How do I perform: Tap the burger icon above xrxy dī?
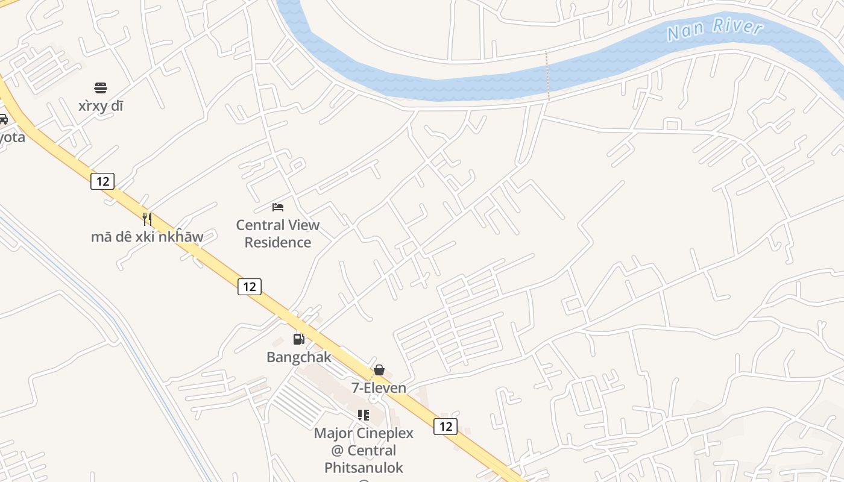101,88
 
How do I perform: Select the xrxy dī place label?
101,106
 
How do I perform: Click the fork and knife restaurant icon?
146,218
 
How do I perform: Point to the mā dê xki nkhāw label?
147,237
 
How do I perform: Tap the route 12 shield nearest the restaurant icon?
102,181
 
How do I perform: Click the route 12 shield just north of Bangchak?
250,286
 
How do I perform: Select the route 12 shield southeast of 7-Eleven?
446,427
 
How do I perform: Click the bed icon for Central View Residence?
277,207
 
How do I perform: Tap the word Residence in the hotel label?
278,243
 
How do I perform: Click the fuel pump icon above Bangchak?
298,339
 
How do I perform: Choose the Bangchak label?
299,357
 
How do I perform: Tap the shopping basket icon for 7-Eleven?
379,370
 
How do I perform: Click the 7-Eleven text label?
379,388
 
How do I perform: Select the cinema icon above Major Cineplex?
364,415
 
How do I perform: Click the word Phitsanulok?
364,468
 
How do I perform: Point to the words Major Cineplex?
364,433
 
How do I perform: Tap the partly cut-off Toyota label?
12,137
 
